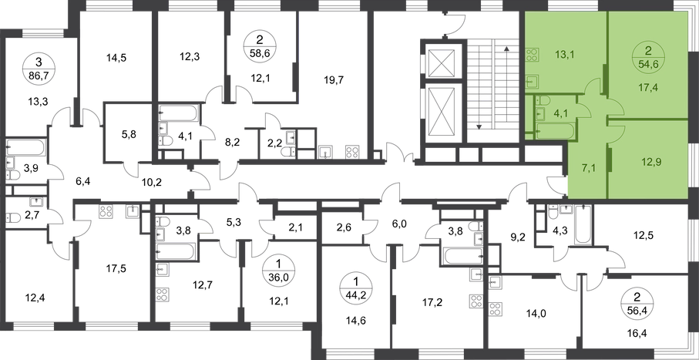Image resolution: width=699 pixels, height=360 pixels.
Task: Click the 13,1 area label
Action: coord(564,54)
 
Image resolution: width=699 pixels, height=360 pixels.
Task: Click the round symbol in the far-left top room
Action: coord(35,69)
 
